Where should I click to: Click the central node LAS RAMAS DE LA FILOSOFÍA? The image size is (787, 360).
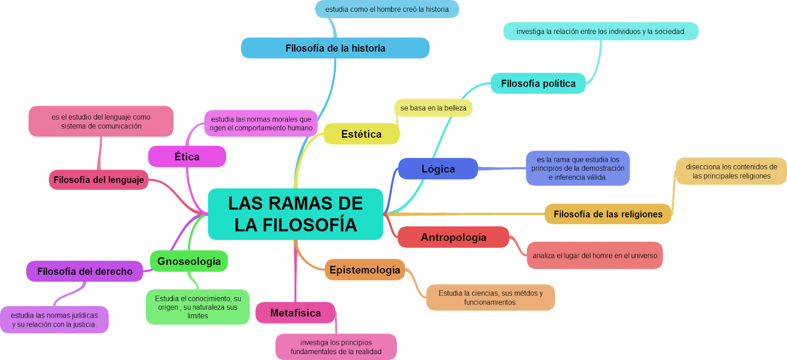[295, 214]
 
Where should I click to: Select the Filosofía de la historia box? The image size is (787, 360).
[335, 48]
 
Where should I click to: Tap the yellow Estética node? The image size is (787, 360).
[361, 134]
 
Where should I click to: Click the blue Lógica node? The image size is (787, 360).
[438, 169]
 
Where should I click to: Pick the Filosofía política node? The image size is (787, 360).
[538, 84]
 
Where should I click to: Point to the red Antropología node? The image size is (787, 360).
[453, 237]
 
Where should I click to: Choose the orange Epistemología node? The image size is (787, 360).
[364, 270]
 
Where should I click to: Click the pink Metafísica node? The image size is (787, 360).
[295, 313]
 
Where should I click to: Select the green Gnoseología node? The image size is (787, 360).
[189, 261]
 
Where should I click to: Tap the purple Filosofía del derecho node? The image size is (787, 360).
[85, 271]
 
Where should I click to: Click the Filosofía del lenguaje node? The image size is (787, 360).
[98, 180]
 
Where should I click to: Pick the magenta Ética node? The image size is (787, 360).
[187, 156]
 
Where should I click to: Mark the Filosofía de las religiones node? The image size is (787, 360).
[607, 214]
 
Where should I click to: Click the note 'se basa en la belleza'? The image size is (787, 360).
[433, 108]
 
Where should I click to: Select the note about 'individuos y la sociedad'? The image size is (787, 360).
[600, 31]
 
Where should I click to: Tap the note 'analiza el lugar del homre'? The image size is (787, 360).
[594, 255]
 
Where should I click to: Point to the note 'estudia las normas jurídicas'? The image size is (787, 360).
[54, 320]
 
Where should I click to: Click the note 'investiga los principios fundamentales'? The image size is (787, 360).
[336, 347]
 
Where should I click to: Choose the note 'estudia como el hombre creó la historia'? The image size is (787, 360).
[387, 9]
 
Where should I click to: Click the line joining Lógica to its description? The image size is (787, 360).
[502, 169]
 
